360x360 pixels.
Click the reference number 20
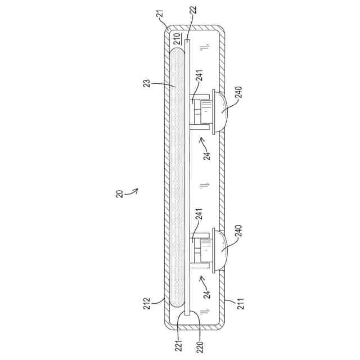pyautogui.click(x=120, y=193)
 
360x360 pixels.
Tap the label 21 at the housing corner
pyautogui.click(x=161, y=13)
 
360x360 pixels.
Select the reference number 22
pyautogui.click(x=193, y=10)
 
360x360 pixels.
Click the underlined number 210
pyautogui.click(x=177, y=39)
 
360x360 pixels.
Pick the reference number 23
pyautogui.click(x=146, y=83)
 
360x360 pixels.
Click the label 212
pyautogui.click(x=146, y=304)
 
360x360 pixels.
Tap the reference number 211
pyautogui.click(x=240, y=304)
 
